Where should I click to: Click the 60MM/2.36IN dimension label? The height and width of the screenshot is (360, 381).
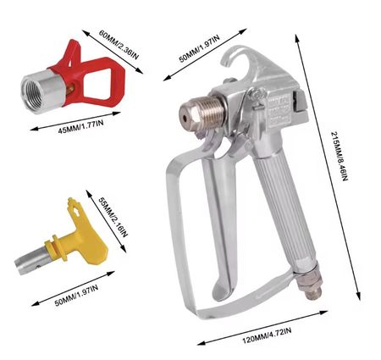point(119,45)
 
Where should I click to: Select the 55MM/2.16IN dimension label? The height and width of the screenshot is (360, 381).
point(113,217)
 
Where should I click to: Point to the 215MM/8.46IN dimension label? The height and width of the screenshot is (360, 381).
point(340,156)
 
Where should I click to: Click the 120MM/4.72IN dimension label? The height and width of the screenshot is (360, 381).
point(267,335)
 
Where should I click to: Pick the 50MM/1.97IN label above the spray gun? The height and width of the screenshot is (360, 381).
point(199,48)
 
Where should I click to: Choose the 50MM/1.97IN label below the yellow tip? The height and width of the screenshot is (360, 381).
point(76,296)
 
